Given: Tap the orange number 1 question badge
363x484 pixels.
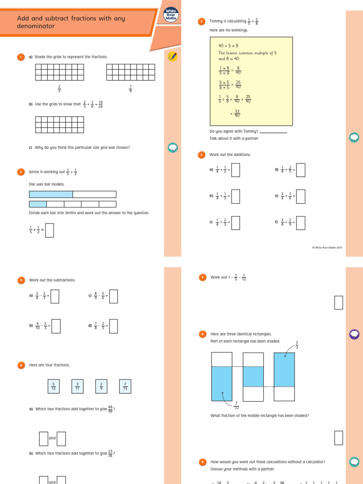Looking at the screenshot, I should coord(21,57).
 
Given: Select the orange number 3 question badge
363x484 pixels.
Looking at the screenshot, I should coord(201,21).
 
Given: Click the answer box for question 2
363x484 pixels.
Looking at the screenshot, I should coord(49,230).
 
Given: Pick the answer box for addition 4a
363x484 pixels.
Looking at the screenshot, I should coord(235,169).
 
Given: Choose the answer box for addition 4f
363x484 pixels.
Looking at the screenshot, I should coord(301,222).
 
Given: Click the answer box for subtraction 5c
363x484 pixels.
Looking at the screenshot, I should coord(113,296).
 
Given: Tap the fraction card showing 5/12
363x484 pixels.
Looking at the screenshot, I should coord(53,386).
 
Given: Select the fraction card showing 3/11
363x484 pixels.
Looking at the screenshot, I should coord(77,386).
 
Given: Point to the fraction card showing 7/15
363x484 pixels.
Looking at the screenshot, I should coord(125,386).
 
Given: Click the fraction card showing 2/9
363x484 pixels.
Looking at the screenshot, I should coord(101,386).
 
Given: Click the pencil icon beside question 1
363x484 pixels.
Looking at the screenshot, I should coord(173,57).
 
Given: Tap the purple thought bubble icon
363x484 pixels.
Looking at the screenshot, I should coord(354,335).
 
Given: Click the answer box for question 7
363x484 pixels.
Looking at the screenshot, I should coord(338,302).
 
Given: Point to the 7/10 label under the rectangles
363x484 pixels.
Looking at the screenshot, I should coord(236,405).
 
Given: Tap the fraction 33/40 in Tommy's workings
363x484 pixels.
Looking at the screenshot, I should coord(237,113).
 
